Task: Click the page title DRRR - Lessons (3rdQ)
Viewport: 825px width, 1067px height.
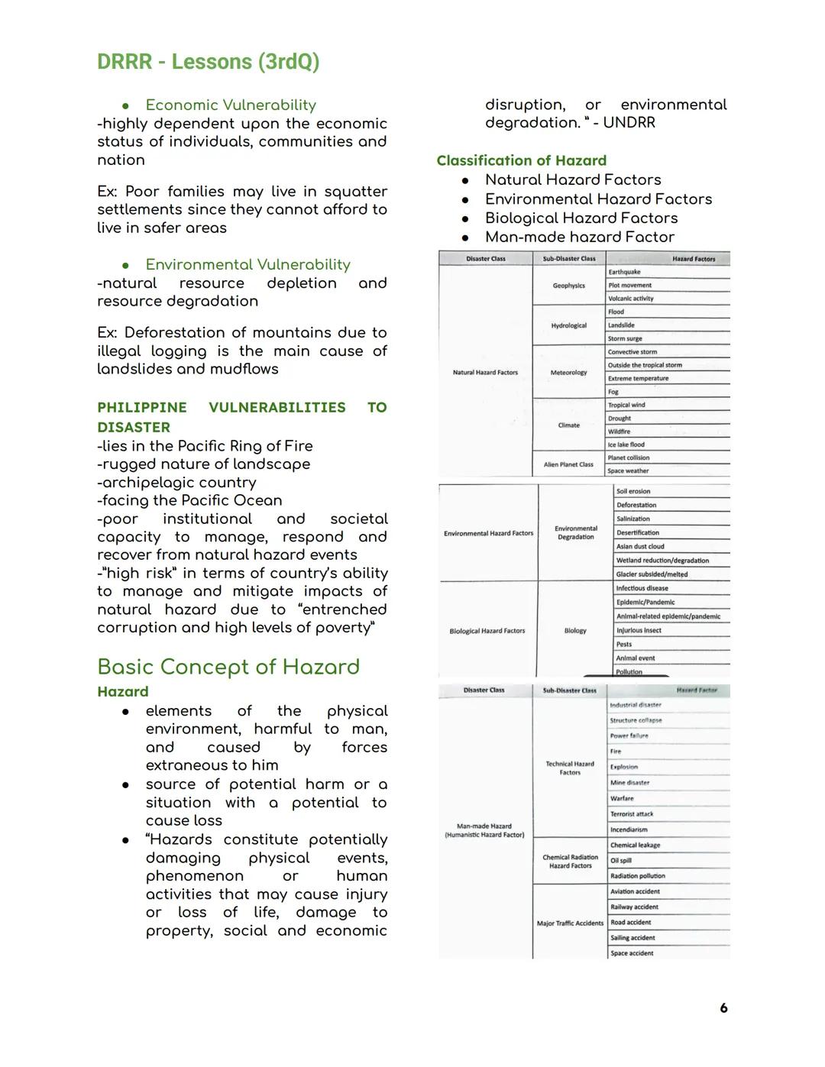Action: point(208,62)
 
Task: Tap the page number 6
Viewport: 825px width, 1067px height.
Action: point(723,1008)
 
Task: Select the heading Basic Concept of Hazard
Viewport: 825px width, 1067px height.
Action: point(228,667)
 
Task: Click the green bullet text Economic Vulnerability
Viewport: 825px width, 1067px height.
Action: point(231,105)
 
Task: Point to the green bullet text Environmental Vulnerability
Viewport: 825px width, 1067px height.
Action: point(247,264)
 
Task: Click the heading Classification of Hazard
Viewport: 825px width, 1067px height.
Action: point(521,160)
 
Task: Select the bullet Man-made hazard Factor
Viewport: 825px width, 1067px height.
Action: point(579,237)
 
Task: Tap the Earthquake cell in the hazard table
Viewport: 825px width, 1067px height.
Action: point(624,272)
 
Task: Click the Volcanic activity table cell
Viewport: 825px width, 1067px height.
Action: point(630,299)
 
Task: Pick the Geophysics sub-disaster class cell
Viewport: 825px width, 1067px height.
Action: point(568,286)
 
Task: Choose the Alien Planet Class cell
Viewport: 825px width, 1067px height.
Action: point(568,464)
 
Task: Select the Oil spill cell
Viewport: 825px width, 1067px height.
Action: point(620,861)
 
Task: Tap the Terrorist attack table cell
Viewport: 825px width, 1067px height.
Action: point(631,814)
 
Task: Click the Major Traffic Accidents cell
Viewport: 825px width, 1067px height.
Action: point(570,923)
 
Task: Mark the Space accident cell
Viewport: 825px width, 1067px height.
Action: point(631,953)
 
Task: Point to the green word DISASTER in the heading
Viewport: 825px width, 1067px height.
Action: point(134,427)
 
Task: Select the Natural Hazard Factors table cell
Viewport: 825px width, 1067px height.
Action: point(485,373)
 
